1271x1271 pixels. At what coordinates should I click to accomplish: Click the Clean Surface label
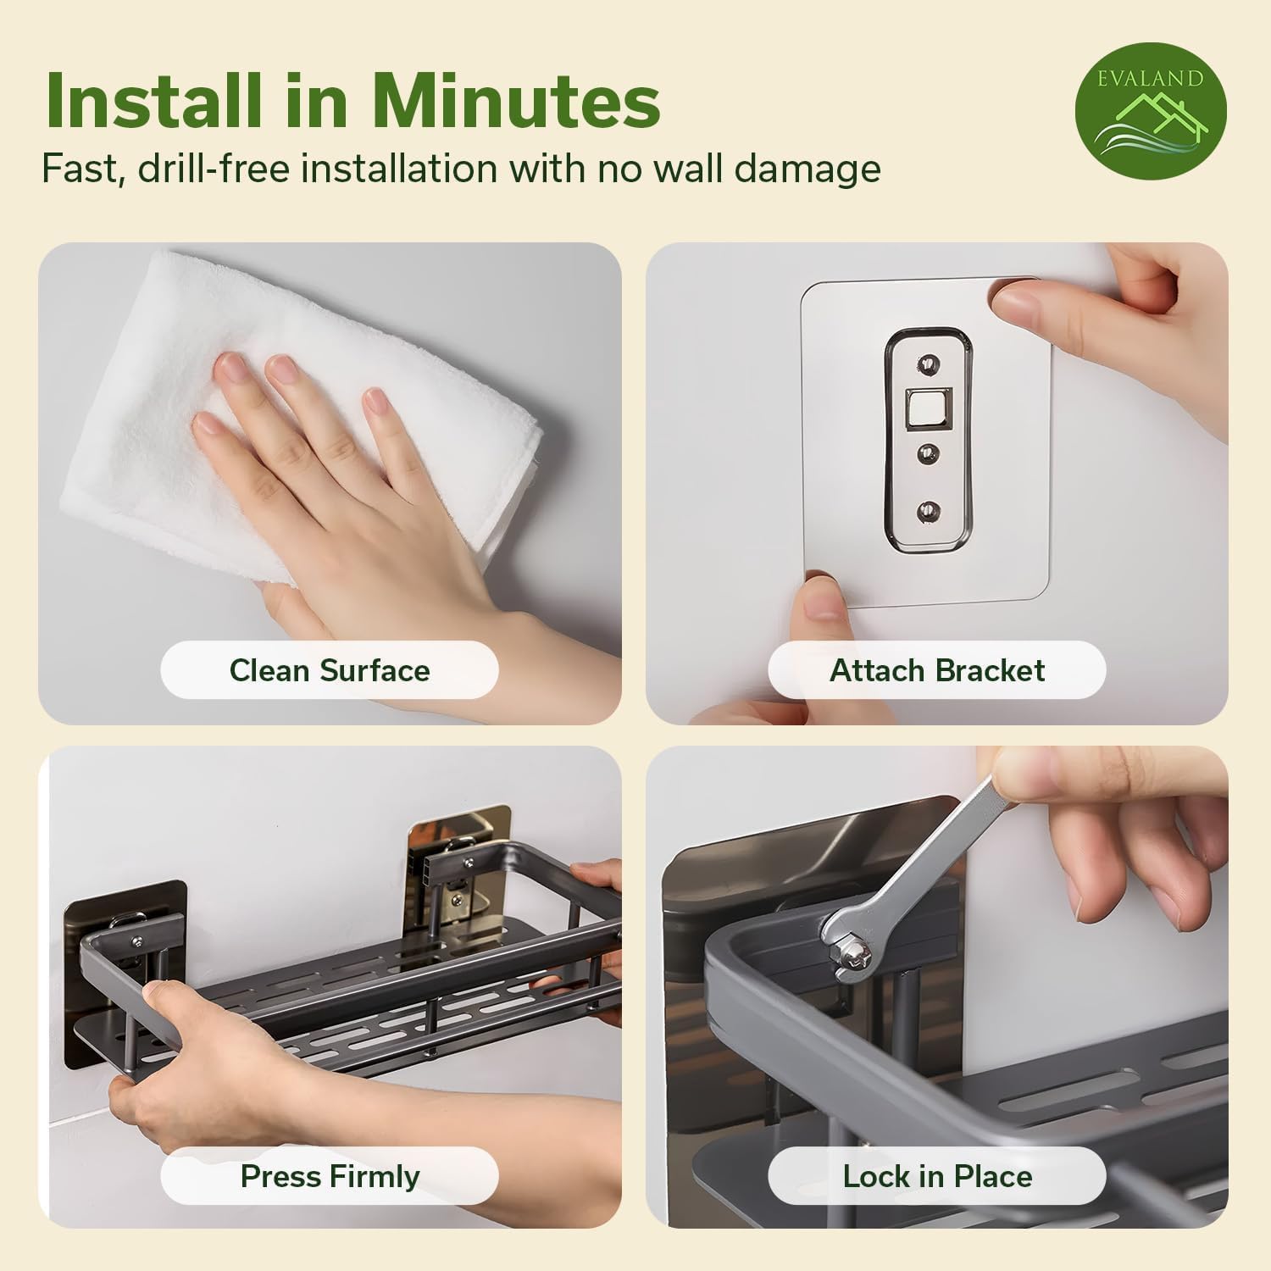pos(330,670)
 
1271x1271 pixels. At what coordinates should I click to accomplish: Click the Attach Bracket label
pos(936,670)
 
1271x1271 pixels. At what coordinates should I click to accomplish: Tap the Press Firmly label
pos(330,1176)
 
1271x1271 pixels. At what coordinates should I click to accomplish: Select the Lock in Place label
pos(936,1176)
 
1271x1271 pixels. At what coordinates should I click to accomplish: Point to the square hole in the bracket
pos(924,408)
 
